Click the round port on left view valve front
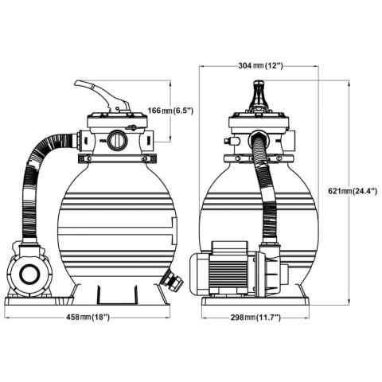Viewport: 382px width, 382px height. click(x=116, y=141)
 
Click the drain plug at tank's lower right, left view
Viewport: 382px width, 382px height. click(x=169, y=281)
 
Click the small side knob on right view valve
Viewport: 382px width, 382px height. click(x=228, y=141)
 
